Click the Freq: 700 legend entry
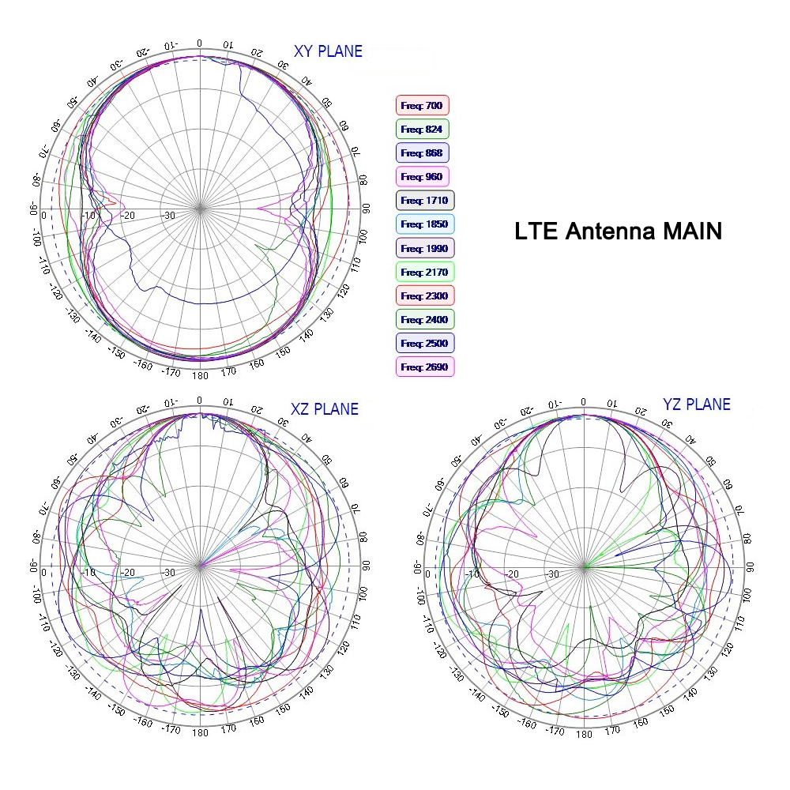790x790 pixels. pos(422,105)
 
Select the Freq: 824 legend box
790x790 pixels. pos(422,129)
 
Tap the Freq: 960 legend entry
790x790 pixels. pos(422,176)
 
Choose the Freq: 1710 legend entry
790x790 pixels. pos(424,201)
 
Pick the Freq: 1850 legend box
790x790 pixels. pos(424,224)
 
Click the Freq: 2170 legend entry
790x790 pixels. pos(424,272)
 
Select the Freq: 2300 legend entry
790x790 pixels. pos(424,295)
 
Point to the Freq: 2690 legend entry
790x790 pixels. pos(424,367)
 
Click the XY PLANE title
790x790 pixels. pos(328,52)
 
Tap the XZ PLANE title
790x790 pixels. pos(324,409)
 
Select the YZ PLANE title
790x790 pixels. pos(696,404)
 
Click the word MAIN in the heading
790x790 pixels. pos(692,232)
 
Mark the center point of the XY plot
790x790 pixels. pos(200,209)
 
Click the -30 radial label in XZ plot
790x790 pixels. pos(168,573)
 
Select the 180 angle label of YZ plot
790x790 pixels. pos(584,734)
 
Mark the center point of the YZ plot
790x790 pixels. pos(585,566)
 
